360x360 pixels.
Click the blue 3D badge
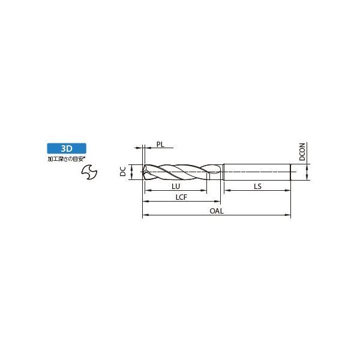[67, 148]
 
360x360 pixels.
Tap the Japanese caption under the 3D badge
[67, 159]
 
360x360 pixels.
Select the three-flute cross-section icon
[89, 172]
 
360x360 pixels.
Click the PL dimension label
[160, 145]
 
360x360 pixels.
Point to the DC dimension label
[123, 171]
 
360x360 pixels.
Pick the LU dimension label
[176, 186]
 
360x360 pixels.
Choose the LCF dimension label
[181, 197]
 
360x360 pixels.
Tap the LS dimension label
[257, 186]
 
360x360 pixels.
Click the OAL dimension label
[217, 211]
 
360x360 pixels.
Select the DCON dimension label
[302, 152]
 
